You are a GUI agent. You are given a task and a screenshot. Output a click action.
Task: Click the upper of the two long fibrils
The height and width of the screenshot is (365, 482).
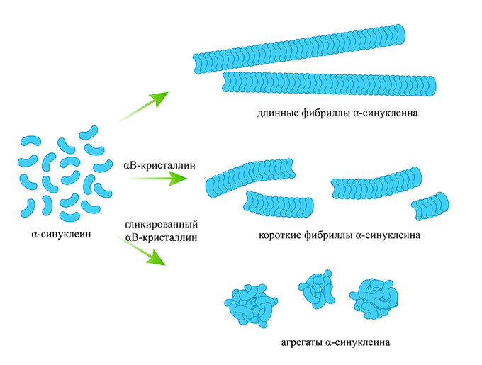tap(301, 49)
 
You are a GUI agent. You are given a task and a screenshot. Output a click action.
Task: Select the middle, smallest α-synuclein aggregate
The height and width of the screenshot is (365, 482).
tap(316, 288)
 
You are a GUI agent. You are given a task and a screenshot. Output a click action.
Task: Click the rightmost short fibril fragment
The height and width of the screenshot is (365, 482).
tap(430, 206)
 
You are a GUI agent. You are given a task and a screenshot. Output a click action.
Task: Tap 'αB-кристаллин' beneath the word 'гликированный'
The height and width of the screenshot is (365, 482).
tap(160, 237)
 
